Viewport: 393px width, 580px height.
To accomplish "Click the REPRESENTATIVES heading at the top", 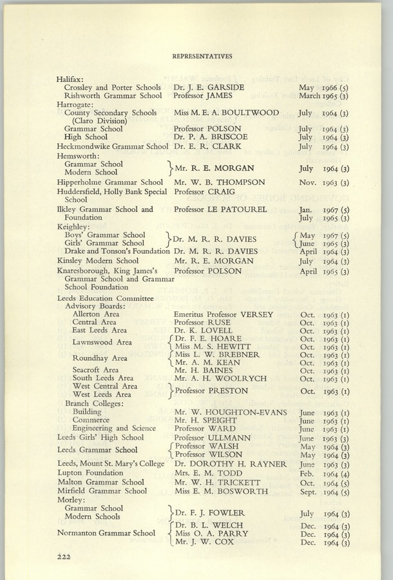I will pyautogui.click(x=202, y=57).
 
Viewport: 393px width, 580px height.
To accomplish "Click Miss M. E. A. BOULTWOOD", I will pyautogui.click(x=226, y=113).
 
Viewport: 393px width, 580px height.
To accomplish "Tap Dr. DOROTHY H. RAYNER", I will pyautogui.click(x=230, y=464).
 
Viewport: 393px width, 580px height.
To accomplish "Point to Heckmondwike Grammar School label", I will pyautogui.click(x=112, y=146).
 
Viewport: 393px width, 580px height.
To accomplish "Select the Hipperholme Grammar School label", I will pyautogui.click(x=110, y=182).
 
